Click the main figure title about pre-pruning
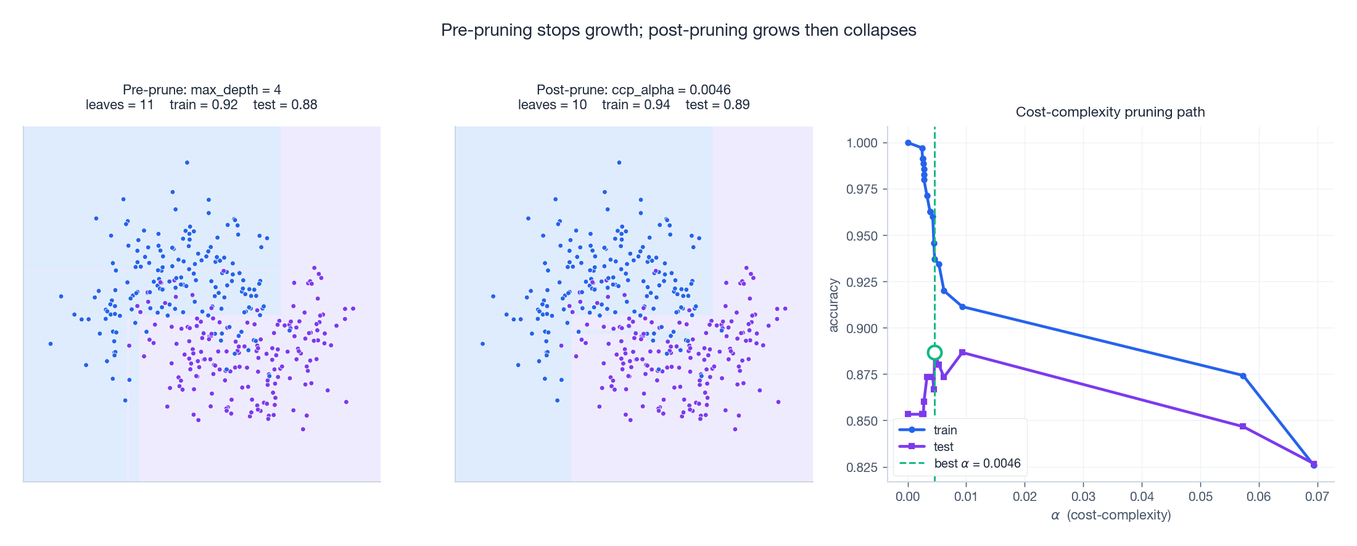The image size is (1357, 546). [678, 30]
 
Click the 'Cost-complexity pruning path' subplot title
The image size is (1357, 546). [1110, 112]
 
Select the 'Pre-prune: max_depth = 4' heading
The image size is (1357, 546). [202, 90]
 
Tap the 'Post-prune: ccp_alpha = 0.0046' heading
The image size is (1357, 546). [633, 90]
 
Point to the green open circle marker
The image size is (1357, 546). [934, 353]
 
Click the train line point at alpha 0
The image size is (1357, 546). [908, 143]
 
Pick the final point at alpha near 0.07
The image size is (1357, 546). [1314, 465]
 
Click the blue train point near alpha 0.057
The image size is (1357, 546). [1243, 376]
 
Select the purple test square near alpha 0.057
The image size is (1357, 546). [1242, 426]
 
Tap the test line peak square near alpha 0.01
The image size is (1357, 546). [962, 352]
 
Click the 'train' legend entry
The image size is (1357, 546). [945, 430]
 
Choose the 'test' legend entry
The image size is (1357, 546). [943, 447]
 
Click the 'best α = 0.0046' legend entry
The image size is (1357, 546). [977, 463]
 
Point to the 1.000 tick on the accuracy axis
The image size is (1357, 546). [862, 143]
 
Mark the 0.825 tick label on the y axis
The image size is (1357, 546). [862, 467]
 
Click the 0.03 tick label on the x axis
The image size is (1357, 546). [1083, 497]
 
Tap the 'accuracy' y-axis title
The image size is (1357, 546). [833, 305]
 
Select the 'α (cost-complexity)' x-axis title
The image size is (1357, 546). [1111, 515]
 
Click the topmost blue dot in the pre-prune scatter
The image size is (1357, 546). [187, 163]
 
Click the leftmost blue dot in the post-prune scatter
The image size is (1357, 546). [482, 344]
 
